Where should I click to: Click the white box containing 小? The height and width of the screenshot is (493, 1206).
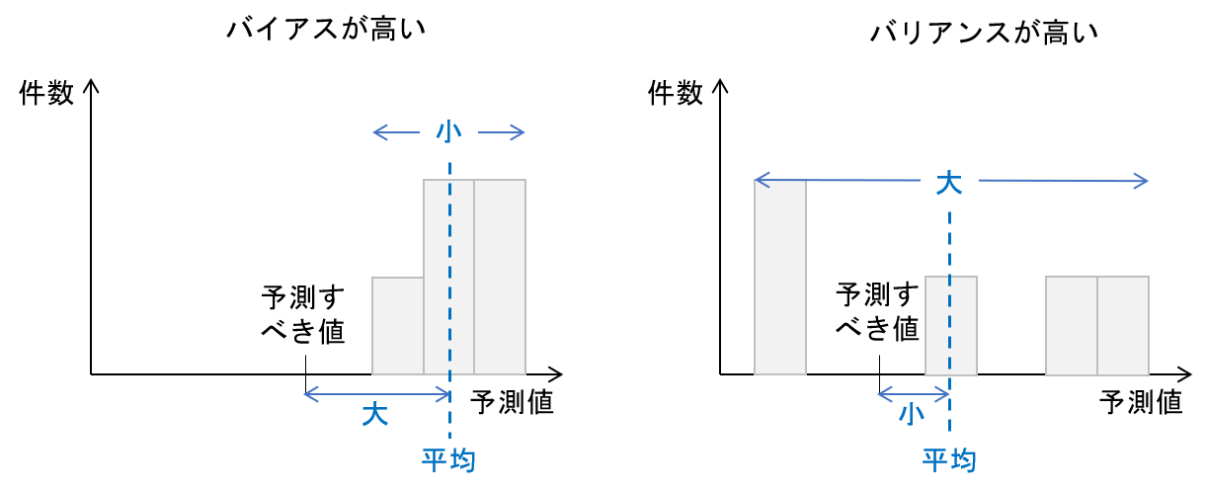[448, 129]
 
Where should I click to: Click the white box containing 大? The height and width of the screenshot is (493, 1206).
[949, 181]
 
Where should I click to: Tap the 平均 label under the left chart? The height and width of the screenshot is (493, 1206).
[448, 459]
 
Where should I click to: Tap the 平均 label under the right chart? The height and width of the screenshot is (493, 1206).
[949, 459]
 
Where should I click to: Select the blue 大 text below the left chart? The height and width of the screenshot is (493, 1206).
[374, 414]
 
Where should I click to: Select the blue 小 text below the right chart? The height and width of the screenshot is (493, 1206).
[911, 414]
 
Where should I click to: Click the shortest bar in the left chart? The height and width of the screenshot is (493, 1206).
[397, 326]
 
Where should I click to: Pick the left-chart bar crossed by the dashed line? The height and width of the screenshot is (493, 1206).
[437, 277]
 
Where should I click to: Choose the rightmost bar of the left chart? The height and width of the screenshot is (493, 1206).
[500, 277]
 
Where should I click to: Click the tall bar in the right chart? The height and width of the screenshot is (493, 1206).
[780, 277]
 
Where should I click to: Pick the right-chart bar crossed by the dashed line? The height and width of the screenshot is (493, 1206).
[938, 326]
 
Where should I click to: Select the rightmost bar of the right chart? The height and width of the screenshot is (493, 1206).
[1123, 326]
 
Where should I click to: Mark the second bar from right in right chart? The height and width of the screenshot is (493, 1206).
[1072, 326]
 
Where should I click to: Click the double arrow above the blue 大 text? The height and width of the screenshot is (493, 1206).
[376, 394]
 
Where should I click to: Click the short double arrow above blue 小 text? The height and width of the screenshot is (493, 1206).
[913, 394]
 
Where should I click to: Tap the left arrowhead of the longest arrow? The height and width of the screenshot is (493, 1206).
[760, 180]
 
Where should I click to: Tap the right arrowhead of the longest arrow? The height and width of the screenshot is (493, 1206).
[1143, 181]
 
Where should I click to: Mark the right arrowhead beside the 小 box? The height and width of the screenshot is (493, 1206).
[520, 132]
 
